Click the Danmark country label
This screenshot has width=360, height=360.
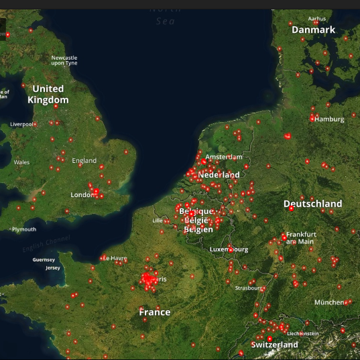(x=313, y=30)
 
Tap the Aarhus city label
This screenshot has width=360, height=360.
(x=317, y=19)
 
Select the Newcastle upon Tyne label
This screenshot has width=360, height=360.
(x=64, y=60)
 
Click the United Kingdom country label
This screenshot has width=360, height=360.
(x=48, y=95)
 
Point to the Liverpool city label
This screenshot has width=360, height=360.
(x=21, y=124)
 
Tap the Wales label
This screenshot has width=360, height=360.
(x=21, y=162)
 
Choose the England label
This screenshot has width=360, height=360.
(x=84, y=161)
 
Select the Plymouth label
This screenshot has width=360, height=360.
(x=24, y=229)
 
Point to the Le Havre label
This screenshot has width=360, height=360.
(x=115, y=258)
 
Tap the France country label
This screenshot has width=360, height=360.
(x=154, y=312)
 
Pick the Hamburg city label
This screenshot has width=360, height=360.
(x=330, y=119)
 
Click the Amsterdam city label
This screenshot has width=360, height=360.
(x=224, y=157)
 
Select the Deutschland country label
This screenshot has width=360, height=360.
(x=312, y=204)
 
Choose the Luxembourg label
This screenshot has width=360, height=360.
(x=229, y=249)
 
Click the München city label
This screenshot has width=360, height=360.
(x=330, y=302)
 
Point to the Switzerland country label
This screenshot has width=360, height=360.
(x=274, y=345)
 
